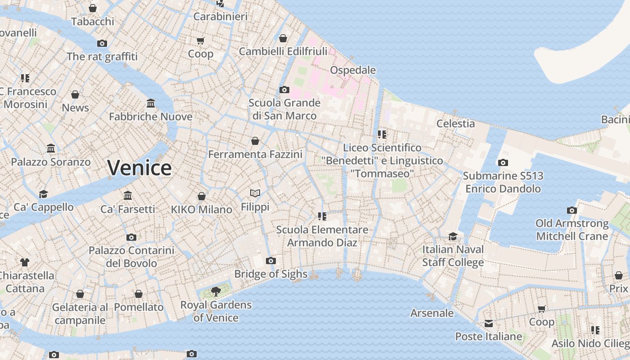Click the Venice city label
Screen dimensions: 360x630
tap(139, 168)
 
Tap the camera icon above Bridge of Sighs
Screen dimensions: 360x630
tap(270, 261)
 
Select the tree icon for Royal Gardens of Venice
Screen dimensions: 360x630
tap(216, 291)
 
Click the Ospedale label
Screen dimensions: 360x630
tap(353, 70)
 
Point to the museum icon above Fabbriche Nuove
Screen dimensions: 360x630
tap(151, 103)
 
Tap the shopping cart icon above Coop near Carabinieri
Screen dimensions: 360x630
tap(201, 40)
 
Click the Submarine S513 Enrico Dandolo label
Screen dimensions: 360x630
tap(503, 182)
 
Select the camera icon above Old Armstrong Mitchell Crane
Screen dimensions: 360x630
tap(571, 210)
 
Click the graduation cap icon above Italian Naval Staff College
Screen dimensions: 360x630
tap(453, 236)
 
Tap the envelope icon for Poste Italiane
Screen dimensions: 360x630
tap(489, 324)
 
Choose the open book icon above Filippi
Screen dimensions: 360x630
tap(255, 193)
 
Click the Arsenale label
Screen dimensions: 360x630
tap(432, 313)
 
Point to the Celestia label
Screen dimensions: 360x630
tap(455, 123)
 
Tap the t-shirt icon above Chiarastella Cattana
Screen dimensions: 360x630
tap(25, 262)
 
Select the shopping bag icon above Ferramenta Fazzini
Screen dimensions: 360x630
tap(255, 141)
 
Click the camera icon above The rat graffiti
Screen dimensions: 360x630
tap(102, 43)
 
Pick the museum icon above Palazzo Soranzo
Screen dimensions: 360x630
tap(51, 148)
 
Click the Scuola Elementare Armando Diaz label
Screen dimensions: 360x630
tap(322, 236)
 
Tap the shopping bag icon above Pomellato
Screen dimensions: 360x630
tap(139, 294)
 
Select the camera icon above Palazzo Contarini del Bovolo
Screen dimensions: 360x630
tap(131, 237)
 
